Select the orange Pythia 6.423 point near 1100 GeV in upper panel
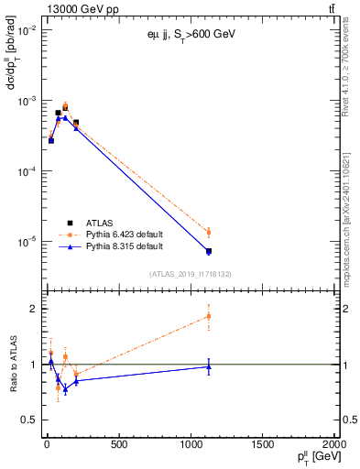pos(209,233)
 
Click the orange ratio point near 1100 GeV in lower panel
pos(209,316)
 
